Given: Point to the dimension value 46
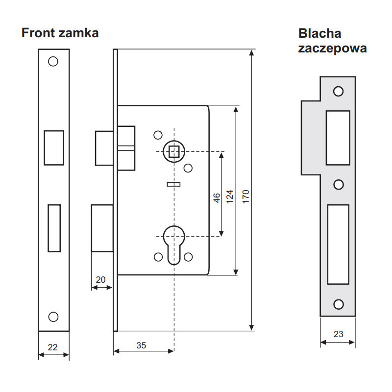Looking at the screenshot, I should (216, 197).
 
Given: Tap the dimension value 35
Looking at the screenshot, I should (141, 345).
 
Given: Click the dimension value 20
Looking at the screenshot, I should (100, 280).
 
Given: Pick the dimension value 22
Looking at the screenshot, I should (53, 347).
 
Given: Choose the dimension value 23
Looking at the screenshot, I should (338, 334).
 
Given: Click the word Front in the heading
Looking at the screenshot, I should (38, 33).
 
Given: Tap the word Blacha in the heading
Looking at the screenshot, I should (319, 33).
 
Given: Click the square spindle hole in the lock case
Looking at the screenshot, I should (173, 151).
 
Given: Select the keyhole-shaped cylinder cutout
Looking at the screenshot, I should (173, 242).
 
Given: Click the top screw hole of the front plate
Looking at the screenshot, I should (53, 62).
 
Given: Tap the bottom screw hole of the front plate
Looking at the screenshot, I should (53, 317).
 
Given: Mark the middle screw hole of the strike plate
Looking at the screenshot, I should (338, 184).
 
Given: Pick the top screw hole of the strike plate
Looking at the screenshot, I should (338, 91).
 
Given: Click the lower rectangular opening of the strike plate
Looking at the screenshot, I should (338, 244).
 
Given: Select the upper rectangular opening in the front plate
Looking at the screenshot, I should (53, 147).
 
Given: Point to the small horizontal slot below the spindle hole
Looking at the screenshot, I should (173, 184).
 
